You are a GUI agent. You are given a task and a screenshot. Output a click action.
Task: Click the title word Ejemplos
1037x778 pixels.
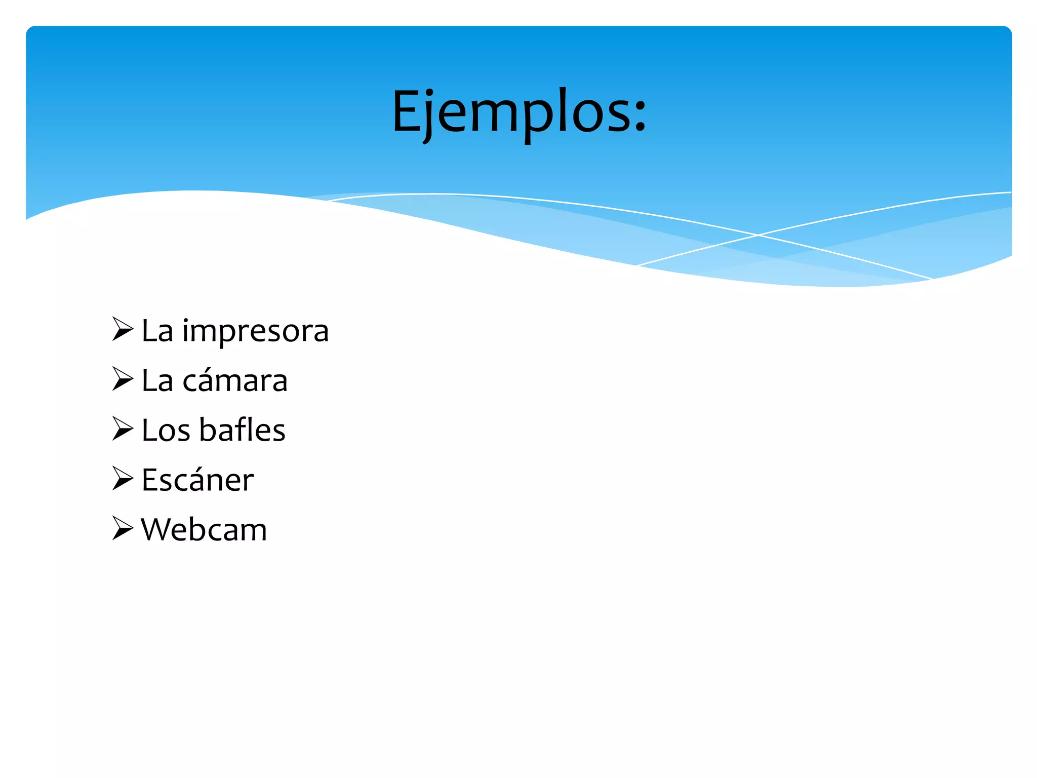click(x=511, y=112)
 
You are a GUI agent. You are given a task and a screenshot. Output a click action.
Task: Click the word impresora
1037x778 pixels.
click(x=255, y=332)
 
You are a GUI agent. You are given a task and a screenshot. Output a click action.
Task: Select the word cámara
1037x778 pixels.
click(x=235, y=381)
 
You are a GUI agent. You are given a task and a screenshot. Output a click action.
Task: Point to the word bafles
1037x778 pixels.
click(x=242, y=431)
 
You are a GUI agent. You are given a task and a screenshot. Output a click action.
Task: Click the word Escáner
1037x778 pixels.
click(x=197, y=480)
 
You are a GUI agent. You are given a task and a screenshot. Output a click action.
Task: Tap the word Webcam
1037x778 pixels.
click(x=204, y=530)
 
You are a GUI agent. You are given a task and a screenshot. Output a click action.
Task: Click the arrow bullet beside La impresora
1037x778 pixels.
click(x=122, y=329)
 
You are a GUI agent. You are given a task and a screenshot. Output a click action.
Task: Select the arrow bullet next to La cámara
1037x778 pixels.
click(x=122, y=379)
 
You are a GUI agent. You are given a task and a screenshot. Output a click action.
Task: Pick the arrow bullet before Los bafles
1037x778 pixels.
click(x=122, y=429)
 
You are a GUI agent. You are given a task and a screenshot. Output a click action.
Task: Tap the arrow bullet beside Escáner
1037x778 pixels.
click(x=122, y=479)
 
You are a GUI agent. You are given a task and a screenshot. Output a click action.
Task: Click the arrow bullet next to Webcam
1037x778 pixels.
click(x=122, y=528)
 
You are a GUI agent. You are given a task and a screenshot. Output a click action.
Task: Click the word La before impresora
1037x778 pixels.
click(x=157, y=332)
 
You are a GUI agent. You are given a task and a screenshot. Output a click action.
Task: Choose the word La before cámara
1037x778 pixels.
click(x=157, y=381)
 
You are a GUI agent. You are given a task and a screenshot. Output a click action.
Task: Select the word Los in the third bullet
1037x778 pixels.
click(x=166, y=431)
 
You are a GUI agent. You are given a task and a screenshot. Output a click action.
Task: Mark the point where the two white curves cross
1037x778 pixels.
click(x=758, y=235)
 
